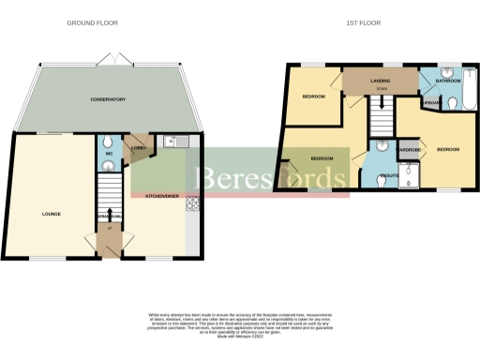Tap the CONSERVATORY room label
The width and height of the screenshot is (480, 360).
click(x=108, y=99)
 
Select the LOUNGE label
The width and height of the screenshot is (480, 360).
click(x=52, y=214)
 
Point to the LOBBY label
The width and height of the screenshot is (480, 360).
click(x=139, y=147)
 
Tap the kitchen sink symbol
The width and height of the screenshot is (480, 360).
click(x=170, y=142)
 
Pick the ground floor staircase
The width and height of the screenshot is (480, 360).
click(x=110, y=202)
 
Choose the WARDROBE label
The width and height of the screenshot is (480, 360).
click(x=410, y=148)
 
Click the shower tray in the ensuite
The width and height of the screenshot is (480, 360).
click(x=410, y=171)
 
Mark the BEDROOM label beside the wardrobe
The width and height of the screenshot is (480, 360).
click(x=448, y=149)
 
